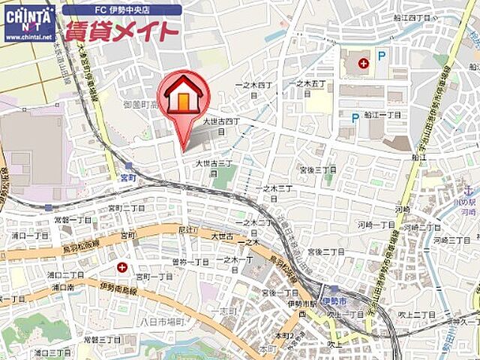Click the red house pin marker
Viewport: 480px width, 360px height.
click(183, 98)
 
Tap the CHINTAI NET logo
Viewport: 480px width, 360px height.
click(29, 22)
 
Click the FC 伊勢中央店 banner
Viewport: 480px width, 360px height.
click(121, 10)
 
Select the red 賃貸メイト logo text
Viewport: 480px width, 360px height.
click(121, 31)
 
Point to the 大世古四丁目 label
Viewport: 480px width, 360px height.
click(221, 124)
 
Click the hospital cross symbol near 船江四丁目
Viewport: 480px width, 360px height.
click(364, 64)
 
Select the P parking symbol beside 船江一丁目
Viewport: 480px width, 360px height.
click(355, 117)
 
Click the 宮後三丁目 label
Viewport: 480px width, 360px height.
click(318, 170)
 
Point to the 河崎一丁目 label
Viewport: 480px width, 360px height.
click(376, 224)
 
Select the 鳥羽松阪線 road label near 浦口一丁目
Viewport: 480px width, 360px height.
click(81, 245)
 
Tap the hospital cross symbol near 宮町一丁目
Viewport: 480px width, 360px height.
click(121, 267)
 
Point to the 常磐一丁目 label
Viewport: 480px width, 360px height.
click(73, 220)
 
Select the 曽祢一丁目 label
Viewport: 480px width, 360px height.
click(190, 261)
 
